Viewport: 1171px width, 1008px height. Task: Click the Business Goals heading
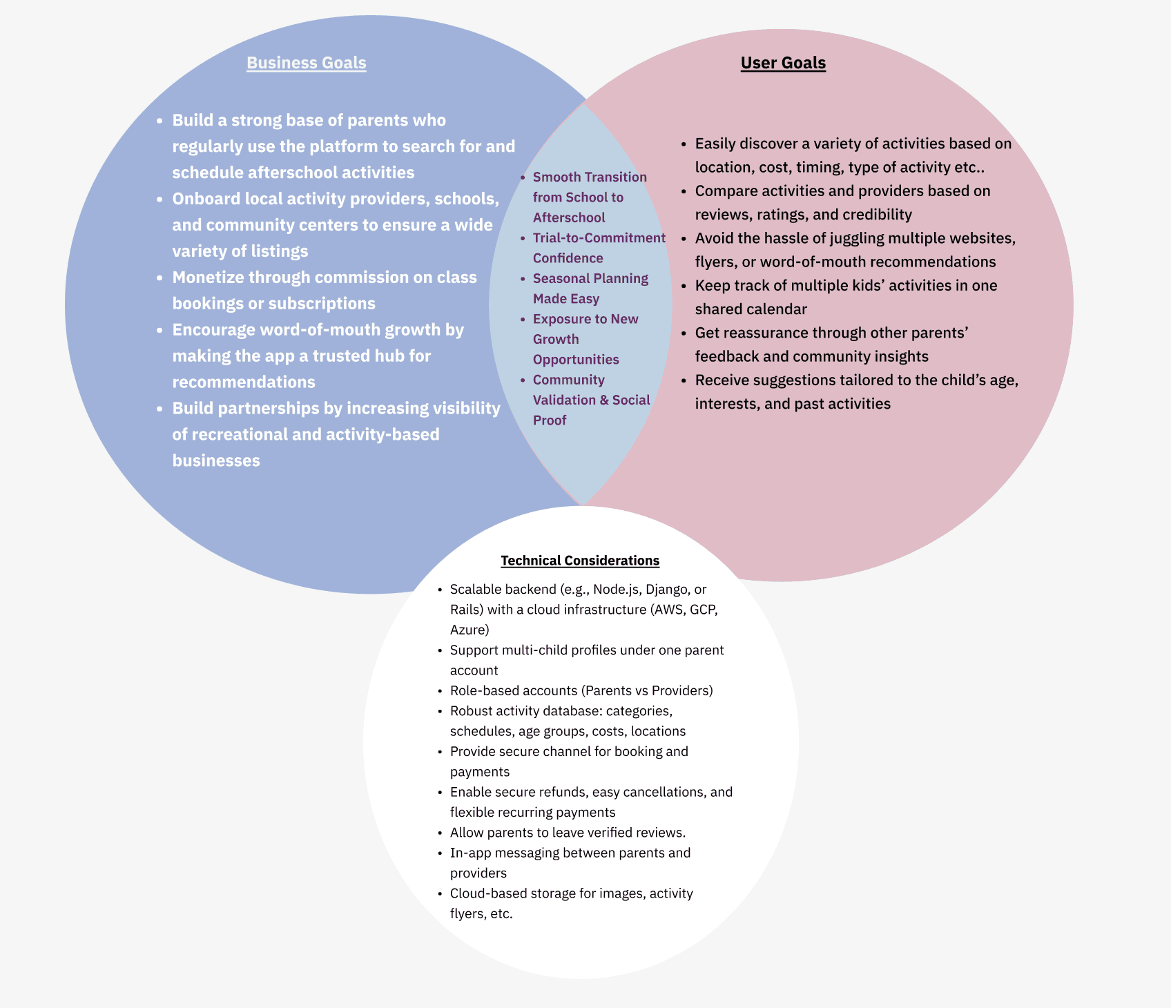coord(306,63)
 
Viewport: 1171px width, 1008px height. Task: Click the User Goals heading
coord(783,63)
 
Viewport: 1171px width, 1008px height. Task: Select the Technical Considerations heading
coord(580,561)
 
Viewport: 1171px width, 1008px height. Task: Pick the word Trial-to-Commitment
coord(599,238)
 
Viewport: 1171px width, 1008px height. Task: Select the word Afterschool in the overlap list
coord(569,218)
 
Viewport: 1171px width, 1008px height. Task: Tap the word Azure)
coord(470,630)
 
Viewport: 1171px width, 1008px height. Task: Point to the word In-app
coord(470,853)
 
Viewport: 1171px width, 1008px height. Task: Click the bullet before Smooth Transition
coord(523,177)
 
